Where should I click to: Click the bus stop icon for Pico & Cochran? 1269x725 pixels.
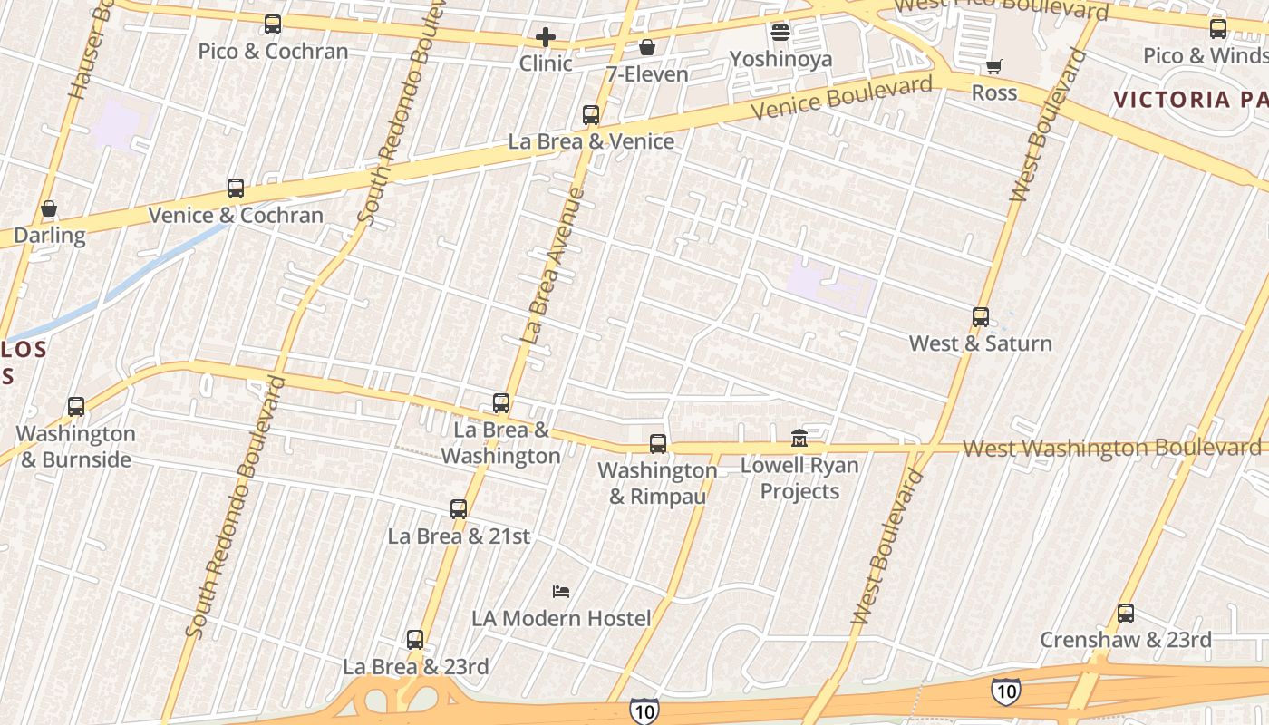(273, 24)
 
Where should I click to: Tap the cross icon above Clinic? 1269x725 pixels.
(545, 37)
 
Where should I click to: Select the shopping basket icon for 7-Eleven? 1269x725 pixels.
(647, 47)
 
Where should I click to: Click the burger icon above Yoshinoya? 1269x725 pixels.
(780, 34)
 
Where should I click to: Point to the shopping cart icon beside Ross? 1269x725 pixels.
(994, 66)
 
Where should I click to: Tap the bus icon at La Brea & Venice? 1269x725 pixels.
(591, 115)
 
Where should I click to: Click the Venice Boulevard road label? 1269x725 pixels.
(842, 98)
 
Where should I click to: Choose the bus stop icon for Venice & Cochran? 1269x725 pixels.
(236, 188)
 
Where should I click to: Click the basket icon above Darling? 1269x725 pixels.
(49, 209)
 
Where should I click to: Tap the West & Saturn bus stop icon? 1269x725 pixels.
(981, 317)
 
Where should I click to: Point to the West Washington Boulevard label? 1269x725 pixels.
(1111, 448)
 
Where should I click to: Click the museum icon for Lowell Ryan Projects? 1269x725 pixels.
(799, 439)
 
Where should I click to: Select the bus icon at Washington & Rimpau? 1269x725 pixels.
(658, 444)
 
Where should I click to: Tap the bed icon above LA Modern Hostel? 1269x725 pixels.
(561, 592)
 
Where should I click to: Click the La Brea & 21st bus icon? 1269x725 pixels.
(459, 509)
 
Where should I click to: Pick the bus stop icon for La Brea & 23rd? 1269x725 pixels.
(415, 640)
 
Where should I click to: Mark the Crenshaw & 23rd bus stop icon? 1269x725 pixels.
(1126, 614)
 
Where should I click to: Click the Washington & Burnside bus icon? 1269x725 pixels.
(76, 408)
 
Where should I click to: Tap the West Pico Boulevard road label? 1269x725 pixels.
(1002, 9)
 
